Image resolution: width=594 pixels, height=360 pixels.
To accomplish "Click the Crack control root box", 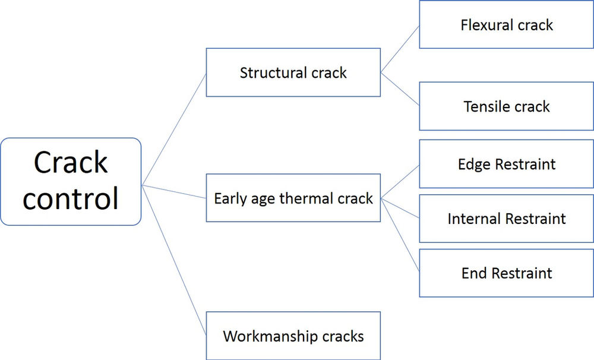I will click(71, 181).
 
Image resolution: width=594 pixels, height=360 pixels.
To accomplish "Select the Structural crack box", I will click(293, 72).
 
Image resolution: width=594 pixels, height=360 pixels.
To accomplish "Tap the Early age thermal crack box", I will click(293, 198).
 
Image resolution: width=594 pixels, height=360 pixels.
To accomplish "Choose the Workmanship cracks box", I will click(293, 336).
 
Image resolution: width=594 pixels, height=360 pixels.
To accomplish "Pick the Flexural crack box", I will click(506, 25).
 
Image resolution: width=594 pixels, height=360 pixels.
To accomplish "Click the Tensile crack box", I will click(506, 106).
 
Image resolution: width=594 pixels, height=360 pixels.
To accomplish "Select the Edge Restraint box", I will click(506, 164).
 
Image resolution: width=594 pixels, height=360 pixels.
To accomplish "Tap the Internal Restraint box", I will click(506, 219).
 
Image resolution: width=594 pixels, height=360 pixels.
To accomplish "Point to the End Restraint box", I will click(506, 273).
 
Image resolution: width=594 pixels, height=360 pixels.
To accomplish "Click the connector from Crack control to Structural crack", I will click(174, 128).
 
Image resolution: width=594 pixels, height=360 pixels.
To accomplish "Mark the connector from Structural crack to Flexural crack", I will click(400, 49).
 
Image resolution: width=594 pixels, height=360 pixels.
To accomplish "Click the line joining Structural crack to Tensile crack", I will click(400, 90).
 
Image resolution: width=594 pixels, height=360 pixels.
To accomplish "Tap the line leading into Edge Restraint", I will click(400, 182).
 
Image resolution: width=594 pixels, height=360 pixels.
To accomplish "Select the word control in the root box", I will click(71, 200).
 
